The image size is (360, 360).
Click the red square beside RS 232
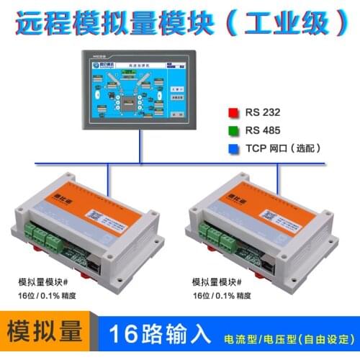tap(233, 112)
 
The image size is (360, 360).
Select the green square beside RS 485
tap(233, 130)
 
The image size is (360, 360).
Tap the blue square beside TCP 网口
tap(233, 148)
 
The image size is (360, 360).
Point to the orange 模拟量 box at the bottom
tap(44, 335)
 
